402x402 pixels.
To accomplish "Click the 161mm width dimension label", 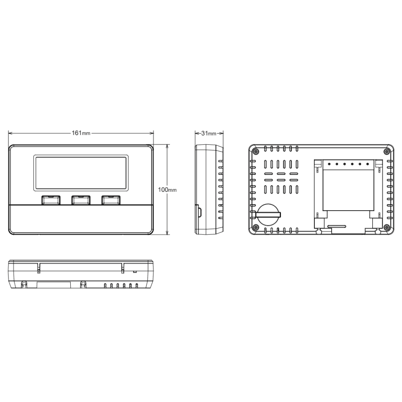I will coord(81,133).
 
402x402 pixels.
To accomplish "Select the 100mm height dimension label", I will coord(167,189).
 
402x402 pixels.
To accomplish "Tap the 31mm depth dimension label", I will coord(209,133).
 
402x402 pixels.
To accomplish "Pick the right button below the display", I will coord(111,200).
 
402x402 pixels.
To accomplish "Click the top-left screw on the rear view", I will coord(256,151).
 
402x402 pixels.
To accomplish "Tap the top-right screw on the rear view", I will coord(386,151).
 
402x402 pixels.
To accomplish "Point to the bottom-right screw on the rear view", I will coord(386,228).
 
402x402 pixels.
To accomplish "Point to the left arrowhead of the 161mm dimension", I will coord(10,133).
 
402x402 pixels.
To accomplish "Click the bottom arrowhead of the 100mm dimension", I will coord(167,232).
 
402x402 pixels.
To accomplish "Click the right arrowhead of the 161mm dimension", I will coord(152,133).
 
